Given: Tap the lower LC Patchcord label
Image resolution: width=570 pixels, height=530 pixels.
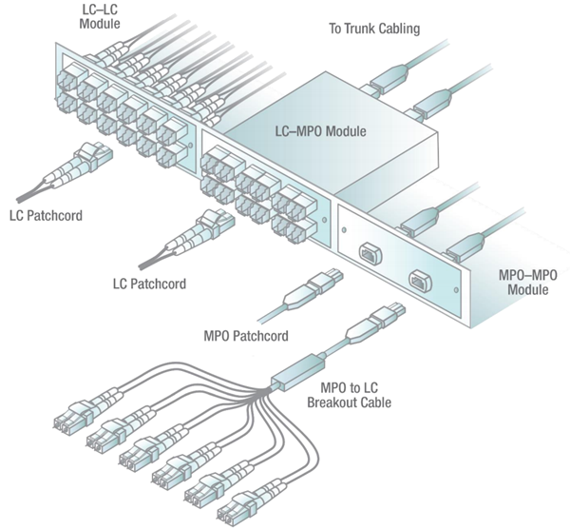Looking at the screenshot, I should (x=148, y=284).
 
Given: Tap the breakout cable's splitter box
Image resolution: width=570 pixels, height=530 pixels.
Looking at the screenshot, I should (x=297, y=373).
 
